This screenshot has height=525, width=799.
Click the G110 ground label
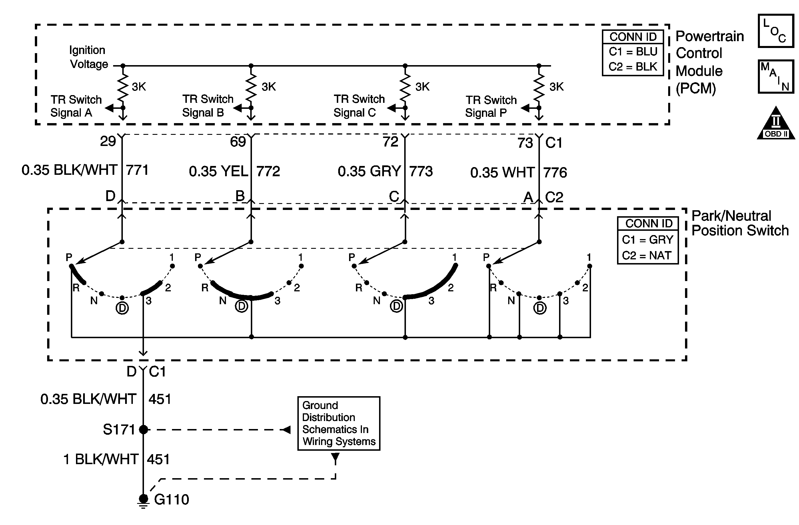coord(172,500)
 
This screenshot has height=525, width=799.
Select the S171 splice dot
coord(143,429)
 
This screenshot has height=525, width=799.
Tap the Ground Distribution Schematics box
coord(339,423)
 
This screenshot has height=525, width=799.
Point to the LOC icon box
coord(776,31)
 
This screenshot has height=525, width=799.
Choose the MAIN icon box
coord(776,77)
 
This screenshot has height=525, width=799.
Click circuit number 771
coord(137,170)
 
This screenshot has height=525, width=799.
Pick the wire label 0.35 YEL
coord(218,171)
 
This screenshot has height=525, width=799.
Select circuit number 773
coord(421,171)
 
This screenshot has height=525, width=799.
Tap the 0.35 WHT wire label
coord(502,173)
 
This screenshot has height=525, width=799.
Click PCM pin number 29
coord(108,141)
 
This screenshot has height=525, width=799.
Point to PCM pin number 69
coord(238,142)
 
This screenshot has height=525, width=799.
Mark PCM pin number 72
coord(391,142)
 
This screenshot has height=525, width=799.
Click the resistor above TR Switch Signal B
coord(251,87)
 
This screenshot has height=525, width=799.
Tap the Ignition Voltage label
coord(89,57)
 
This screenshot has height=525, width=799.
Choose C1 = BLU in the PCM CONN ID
coord(633,52)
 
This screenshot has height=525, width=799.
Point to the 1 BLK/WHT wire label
coord(101,459)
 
